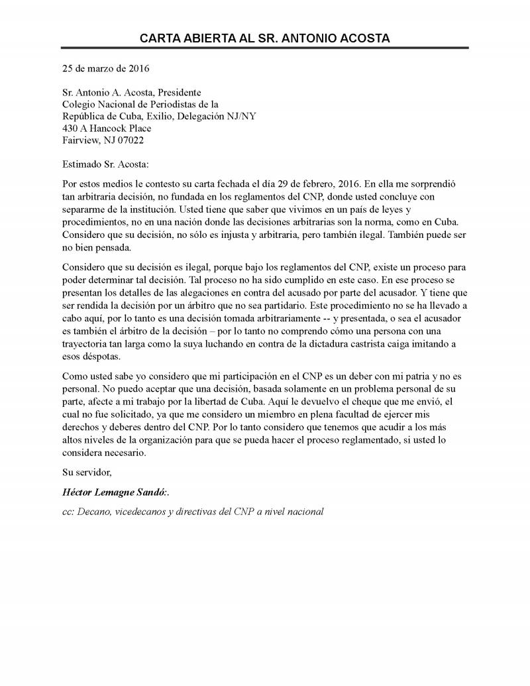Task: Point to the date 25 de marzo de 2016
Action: (x=106, y=68)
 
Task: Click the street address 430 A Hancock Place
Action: (x=107, y=129)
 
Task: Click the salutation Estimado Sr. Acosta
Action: (x=106, y=164)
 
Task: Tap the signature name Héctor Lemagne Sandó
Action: (x=115, y=493)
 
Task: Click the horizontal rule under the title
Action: (x=265, y=48)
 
